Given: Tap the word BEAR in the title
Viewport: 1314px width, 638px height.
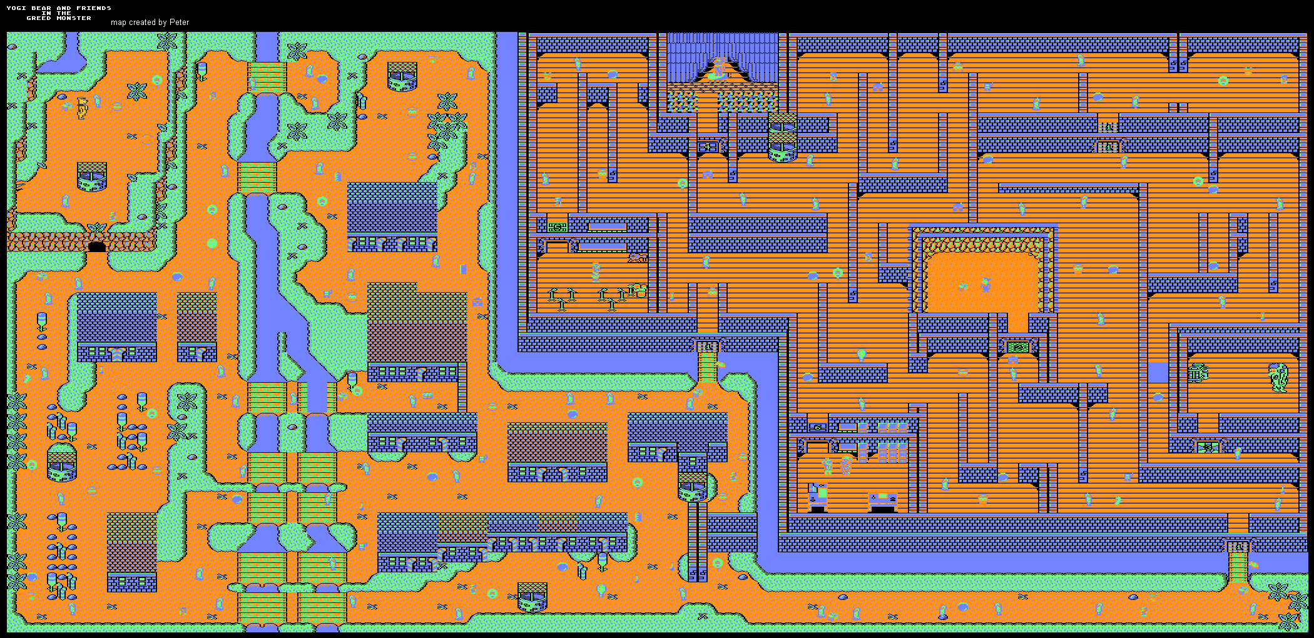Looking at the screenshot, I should point(41,8).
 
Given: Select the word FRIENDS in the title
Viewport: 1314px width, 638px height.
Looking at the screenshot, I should point(94,8).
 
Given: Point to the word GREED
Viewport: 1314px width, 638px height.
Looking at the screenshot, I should point(38,18).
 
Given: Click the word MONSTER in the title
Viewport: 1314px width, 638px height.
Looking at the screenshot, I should point(74,18).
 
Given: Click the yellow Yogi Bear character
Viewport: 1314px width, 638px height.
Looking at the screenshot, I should point(82,107).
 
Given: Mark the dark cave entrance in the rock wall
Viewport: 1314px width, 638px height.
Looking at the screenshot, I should point(96,246).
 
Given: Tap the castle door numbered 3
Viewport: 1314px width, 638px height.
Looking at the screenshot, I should point(1237,547).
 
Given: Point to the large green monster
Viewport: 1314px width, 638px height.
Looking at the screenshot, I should point(1278,377).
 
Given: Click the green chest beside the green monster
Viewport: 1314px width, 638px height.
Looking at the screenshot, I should point(1197,373).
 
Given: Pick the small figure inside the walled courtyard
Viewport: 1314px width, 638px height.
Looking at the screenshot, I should point(986,285).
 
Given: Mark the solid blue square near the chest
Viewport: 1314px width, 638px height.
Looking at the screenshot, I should point(1158,373).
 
